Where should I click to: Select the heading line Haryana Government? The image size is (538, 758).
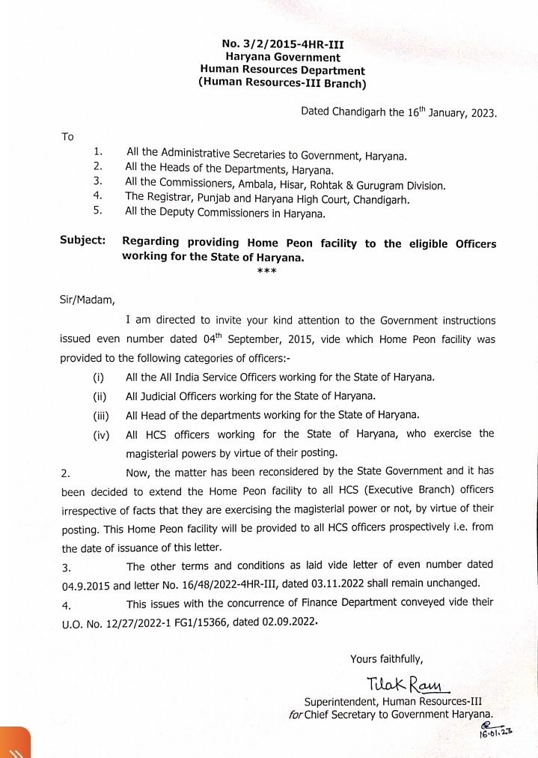[x=283, y=58]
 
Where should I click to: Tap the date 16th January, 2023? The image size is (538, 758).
[x=441, y=112]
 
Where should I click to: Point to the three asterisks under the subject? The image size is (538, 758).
[x=267, y=270]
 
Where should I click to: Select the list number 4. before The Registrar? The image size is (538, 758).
[x=97, y=198]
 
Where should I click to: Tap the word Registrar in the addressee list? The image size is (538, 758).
[x=171, y=198]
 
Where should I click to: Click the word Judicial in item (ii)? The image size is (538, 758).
[x=163, y=395]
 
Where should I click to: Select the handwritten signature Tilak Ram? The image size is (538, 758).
[x=405, y=684]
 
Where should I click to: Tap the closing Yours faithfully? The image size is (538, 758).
[x=387, y=659]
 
